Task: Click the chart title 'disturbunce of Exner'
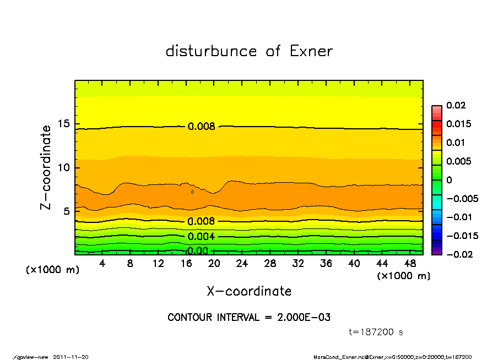(x=249, y=51)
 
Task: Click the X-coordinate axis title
(x=249, y=291)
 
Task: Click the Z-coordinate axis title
(x=47, y=167)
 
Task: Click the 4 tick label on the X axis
(x=102, y=264)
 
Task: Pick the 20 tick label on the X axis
(x=214, y=264)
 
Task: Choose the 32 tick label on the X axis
(x=298, y=264)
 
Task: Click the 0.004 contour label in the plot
(x=201, y=237)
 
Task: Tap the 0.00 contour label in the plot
(x=197, y=251)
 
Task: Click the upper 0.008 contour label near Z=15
(x=201, y=126)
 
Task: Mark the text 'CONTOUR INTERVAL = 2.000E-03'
(x=249, y=318)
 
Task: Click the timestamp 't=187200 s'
(x=376, y=332)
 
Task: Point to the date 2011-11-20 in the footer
(x=71, y=357)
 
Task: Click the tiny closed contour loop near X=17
(x=192, y=192)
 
